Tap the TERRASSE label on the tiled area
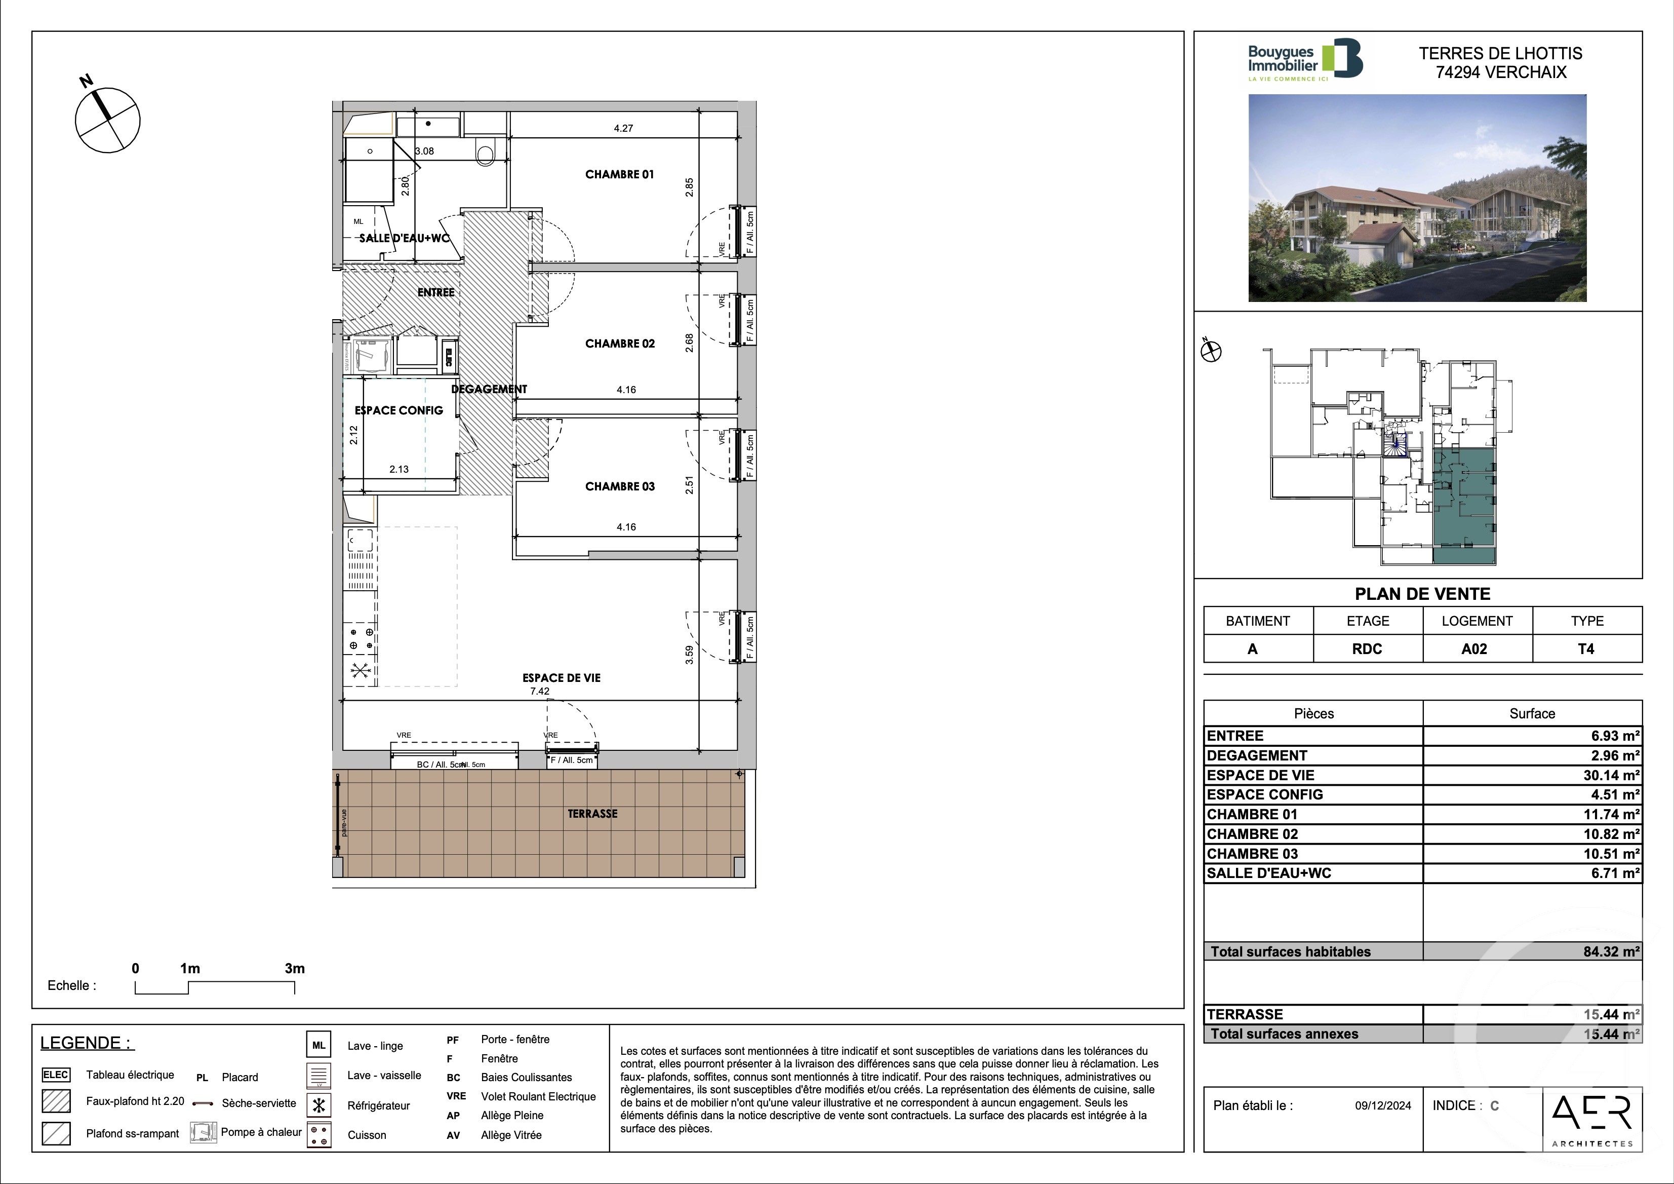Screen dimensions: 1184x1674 (592, 814)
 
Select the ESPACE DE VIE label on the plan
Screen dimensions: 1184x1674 (562, 678)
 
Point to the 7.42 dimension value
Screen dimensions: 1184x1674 (540, 692)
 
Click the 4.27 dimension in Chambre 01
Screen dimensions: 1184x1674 (623, 128)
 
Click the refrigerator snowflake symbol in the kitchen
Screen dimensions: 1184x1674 (360, 672)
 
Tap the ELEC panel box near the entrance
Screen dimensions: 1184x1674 (449, 358)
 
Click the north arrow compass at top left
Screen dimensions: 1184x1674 (107, 120)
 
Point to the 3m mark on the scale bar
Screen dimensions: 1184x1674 (295, 969)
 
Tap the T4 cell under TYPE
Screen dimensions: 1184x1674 (1586, 648)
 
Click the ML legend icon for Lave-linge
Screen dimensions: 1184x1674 (318, 1045)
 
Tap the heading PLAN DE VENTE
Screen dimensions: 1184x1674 (1422, 594)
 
